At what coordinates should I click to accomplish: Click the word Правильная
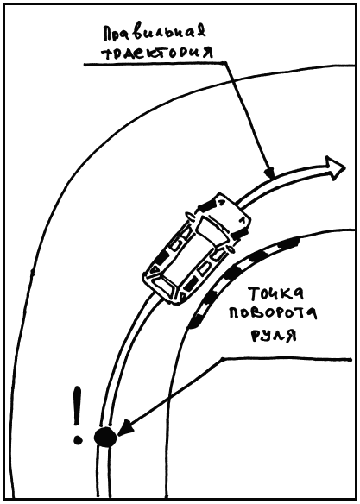155,33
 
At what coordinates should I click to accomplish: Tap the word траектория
157,53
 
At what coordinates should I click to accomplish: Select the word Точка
276,293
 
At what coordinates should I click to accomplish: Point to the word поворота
273,312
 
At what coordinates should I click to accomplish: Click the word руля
273,335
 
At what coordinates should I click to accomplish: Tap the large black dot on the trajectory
104,437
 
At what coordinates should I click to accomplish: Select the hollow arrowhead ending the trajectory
335,167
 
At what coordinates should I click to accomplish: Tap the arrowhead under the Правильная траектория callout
269,173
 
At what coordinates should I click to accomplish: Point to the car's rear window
165,284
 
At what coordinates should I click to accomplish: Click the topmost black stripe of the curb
288,243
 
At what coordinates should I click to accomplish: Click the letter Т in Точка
254,293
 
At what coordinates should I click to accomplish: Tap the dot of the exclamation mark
78,440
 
